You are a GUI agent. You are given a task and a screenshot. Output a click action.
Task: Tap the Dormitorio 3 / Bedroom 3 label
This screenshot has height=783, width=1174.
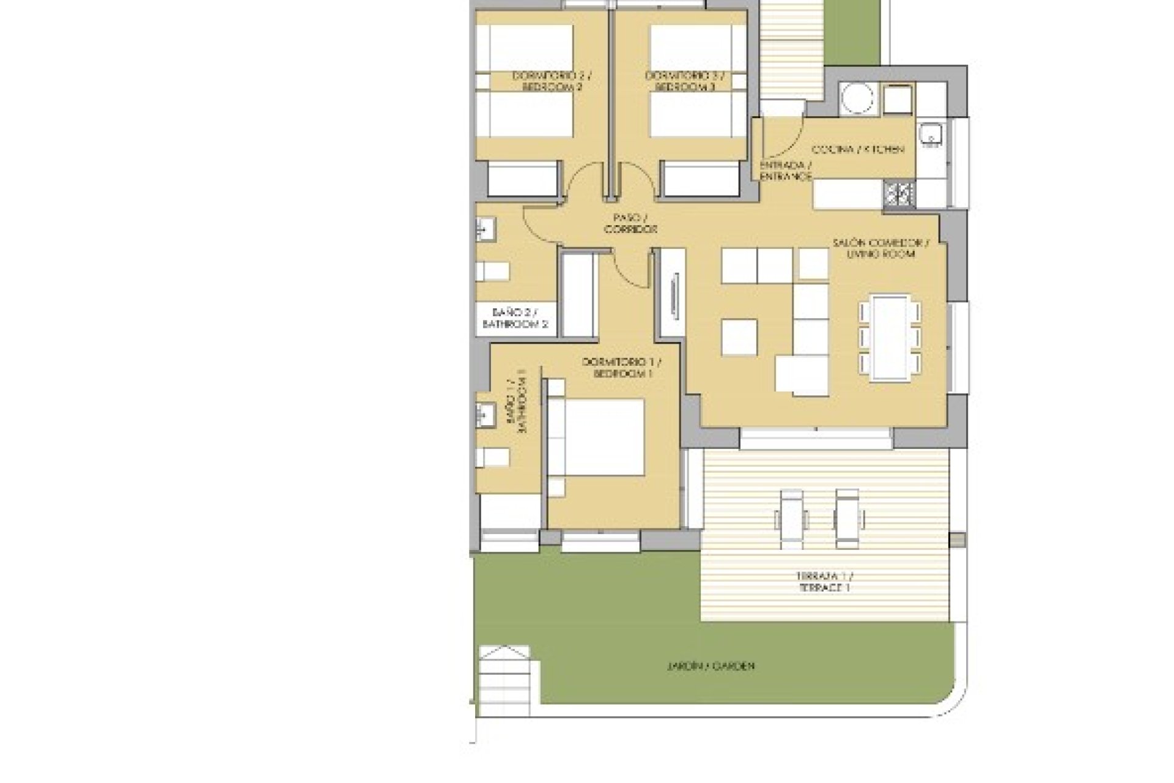coord(684,81)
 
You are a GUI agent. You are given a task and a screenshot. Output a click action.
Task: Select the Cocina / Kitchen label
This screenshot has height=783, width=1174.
coord(857,149)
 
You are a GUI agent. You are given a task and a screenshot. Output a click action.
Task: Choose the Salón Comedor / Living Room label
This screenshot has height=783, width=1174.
coord(881,248)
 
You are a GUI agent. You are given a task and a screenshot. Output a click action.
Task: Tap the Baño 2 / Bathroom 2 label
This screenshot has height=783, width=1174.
coord(515,319)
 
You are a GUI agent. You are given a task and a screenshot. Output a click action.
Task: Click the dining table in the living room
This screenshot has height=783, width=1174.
coord(890,338)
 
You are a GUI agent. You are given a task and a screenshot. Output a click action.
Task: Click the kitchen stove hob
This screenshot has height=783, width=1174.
coord(898,195)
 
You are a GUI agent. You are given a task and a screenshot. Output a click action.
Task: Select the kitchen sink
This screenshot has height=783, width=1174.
coord(932,134)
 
